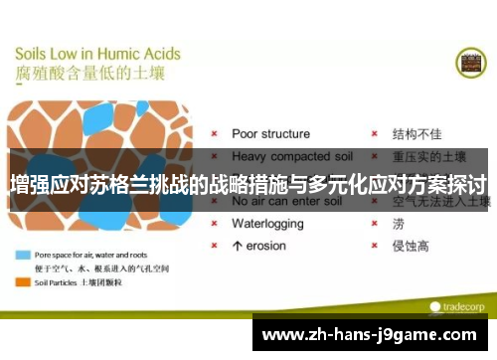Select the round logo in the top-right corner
[x=470, y=63]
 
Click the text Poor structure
[x=270, y=133]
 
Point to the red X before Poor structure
[x=216, y=133]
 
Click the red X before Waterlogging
[x=216, y=224]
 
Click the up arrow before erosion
[x=237, y=245]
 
